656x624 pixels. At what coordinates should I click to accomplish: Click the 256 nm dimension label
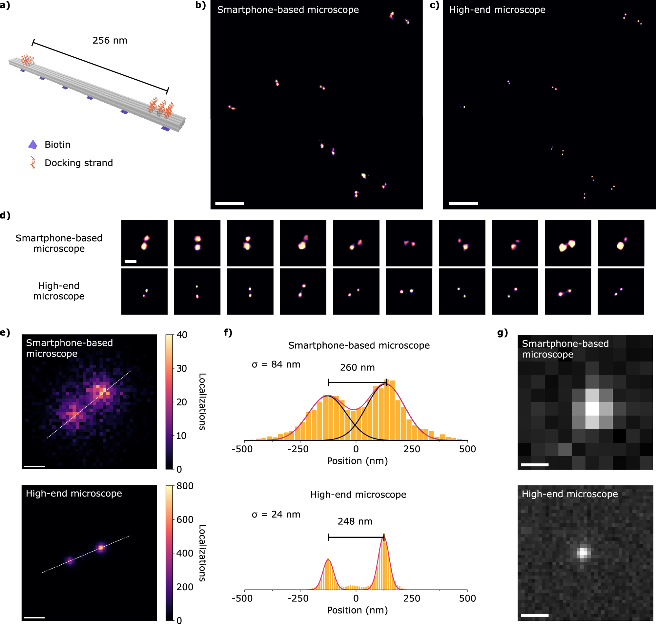(x=110, y=41)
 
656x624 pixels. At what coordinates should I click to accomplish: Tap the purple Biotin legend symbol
(x=32, y=145)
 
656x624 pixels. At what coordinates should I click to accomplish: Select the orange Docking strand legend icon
(x=33, y=163)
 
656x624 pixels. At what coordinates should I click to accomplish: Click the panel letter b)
(x=200, y=5)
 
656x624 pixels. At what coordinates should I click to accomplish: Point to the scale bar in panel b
(x=229, y=203)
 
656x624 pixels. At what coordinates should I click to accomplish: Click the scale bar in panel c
(x=463, y=203)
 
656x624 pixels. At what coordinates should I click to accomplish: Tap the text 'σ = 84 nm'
(x=276, y=364)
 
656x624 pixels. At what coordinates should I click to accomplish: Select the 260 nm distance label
(x=357, y=367)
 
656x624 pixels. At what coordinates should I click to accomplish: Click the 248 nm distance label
(x=355, y=521)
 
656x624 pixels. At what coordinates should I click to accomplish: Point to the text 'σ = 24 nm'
(x=276, y=515)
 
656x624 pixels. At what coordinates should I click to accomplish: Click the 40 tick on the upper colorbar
(x=182, y=335)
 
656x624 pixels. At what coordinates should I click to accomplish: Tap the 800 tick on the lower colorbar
(x=185, y=486)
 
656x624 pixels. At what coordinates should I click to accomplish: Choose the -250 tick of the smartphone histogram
(x=297, y=449)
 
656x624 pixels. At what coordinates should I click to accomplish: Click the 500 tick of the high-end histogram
(x=467, y=598)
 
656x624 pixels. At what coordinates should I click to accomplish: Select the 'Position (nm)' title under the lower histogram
(x=357, y=610)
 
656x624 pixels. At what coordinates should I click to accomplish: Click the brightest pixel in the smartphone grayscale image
(x=592, y=409)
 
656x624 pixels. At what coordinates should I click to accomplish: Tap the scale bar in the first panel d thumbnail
(x=131, y=262)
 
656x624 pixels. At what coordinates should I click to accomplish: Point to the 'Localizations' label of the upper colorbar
(x=202, y=402)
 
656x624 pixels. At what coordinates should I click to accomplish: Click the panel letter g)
(x=502, y=333)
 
